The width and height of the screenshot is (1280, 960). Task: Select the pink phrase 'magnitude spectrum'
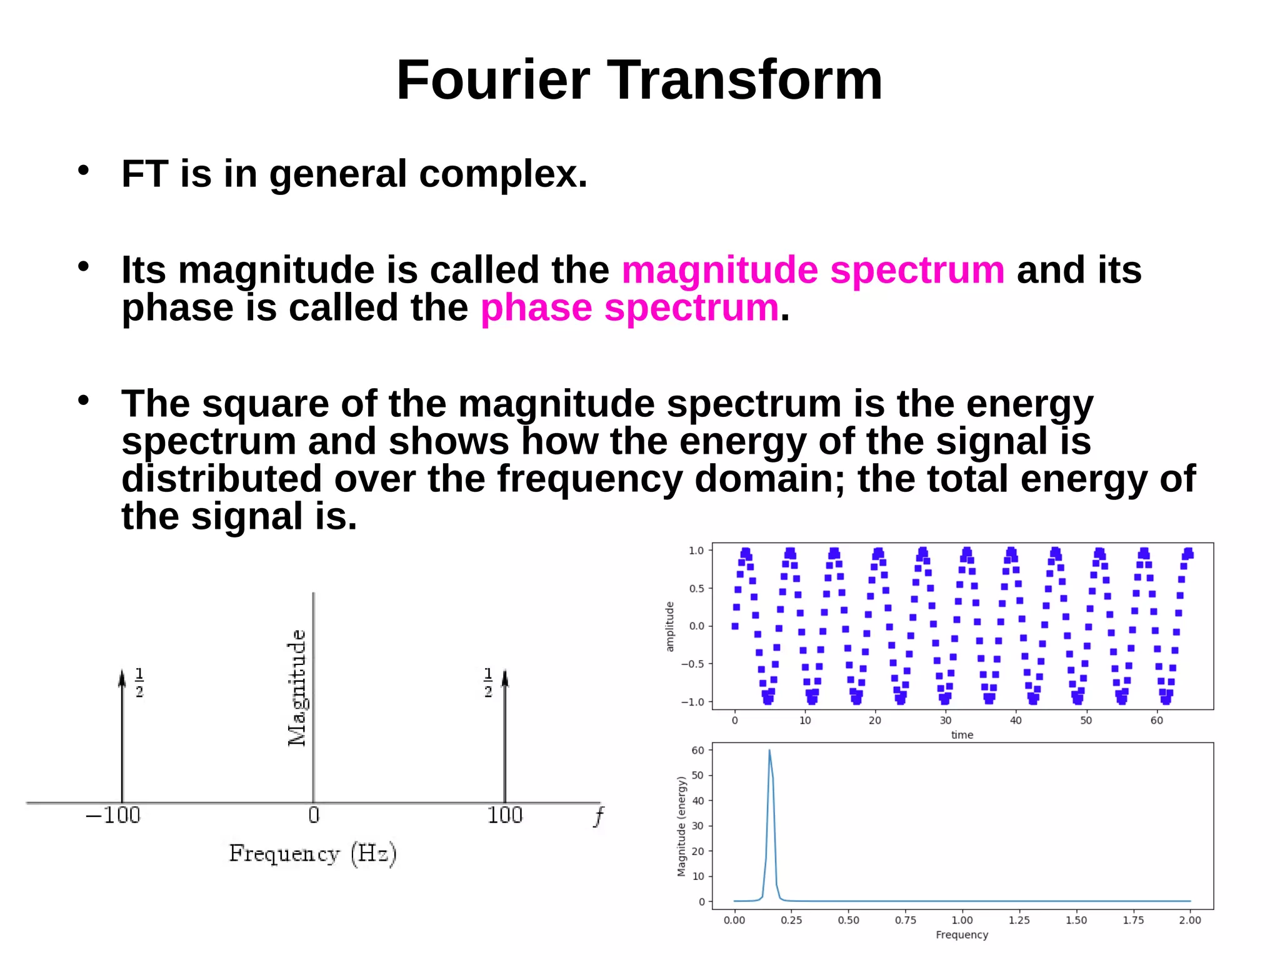813,270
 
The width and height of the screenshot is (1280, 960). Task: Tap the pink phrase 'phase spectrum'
629,307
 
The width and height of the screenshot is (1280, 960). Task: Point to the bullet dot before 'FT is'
84,170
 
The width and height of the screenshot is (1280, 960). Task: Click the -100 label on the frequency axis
113,816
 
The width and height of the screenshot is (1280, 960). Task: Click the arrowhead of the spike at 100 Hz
505,677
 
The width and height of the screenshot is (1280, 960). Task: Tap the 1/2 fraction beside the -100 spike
139,682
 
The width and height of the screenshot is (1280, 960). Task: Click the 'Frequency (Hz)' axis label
312,854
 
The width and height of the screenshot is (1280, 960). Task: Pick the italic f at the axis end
599,816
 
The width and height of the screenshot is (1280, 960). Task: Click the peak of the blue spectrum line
769,751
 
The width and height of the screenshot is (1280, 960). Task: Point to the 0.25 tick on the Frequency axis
791,920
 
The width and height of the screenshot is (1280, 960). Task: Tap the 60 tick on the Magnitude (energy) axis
697,751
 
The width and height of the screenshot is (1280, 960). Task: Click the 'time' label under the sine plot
962,735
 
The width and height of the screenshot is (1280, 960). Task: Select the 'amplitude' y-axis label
670,626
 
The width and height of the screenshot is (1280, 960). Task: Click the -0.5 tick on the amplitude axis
692,664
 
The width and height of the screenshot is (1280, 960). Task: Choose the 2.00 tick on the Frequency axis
1190,920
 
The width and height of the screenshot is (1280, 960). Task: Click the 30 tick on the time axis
946,720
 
